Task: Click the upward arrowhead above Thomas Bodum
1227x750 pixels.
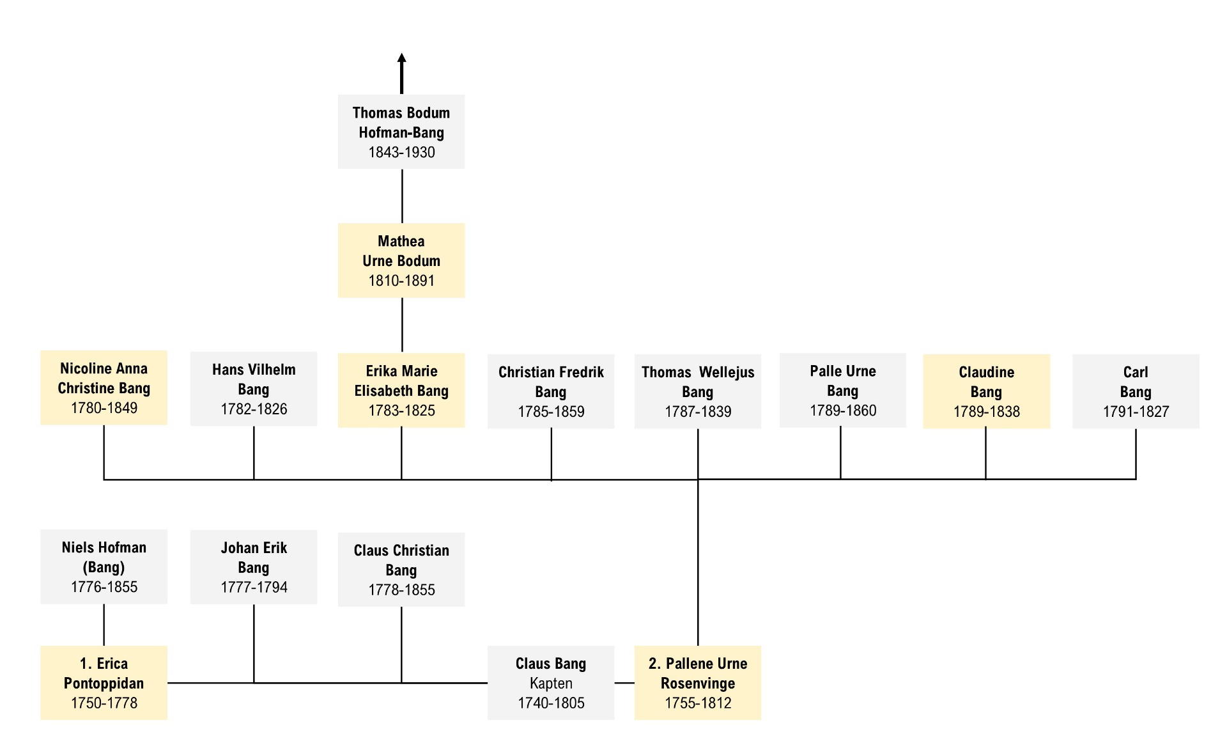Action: point(401,58)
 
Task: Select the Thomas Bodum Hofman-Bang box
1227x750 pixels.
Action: point(401,132)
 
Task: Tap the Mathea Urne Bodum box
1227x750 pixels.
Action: point(401,260)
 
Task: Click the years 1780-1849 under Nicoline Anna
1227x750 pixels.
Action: point(104,408)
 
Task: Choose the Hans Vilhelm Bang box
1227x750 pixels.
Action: point(254,389)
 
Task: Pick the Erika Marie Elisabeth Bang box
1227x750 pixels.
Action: point(401,390)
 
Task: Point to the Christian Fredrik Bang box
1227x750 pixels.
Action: point(551,391)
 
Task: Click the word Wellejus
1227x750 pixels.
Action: point(727,372)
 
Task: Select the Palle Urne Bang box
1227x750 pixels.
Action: point(843,390)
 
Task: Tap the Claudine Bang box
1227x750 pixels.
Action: point(987,391)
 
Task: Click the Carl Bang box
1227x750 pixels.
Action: point(1136,391)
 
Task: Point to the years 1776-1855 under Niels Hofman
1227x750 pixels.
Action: point(104,587)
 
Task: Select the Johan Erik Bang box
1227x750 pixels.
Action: point(254,567)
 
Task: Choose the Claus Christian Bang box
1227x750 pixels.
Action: point(401,570)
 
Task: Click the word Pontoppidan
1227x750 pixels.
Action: point(104,684)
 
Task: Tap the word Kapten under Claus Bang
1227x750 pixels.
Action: point(551,684)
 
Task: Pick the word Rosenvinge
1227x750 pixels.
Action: point(698,684)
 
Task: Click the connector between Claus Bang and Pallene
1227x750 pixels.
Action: point(624,683)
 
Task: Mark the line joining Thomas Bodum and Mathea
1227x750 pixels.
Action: point(402,196)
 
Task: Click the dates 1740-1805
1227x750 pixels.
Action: point(551,703)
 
